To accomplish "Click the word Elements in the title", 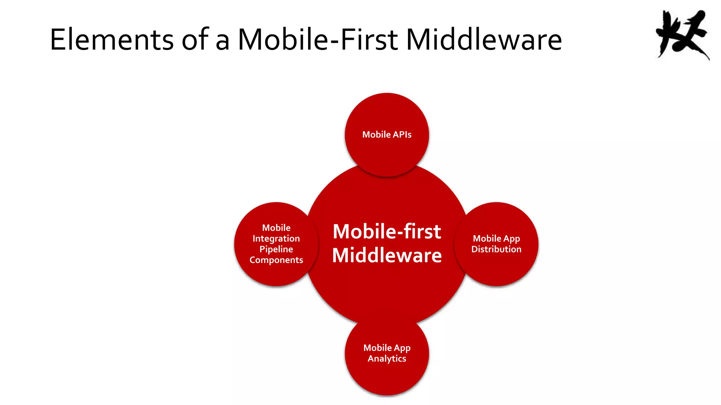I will [112, 39].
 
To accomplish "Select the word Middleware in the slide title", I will [484, 39].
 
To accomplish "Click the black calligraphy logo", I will [682, 35].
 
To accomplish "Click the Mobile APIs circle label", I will [387, 135].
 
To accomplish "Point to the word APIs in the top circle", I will [402, 135].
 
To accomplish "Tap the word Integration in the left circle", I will [276, 239].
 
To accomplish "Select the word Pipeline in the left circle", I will [276, 249].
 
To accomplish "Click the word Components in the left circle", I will [276, 260].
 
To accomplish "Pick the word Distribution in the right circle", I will [496, 249].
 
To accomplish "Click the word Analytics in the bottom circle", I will [387, 359].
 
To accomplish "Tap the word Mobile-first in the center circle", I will [387, 232].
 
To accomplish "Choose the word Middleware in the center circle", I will [387, 256].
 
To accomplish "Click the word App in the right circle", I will [512, 239].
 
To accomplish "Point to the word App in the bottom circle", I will [402, 348].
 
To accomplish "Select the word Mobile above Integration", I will [276, 228].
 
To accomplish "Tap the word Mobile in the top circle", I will [376, 135].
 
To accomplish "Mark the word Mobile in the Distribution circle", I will [487, 239].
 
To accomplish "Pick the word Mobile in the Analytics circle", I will [377, 348].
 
